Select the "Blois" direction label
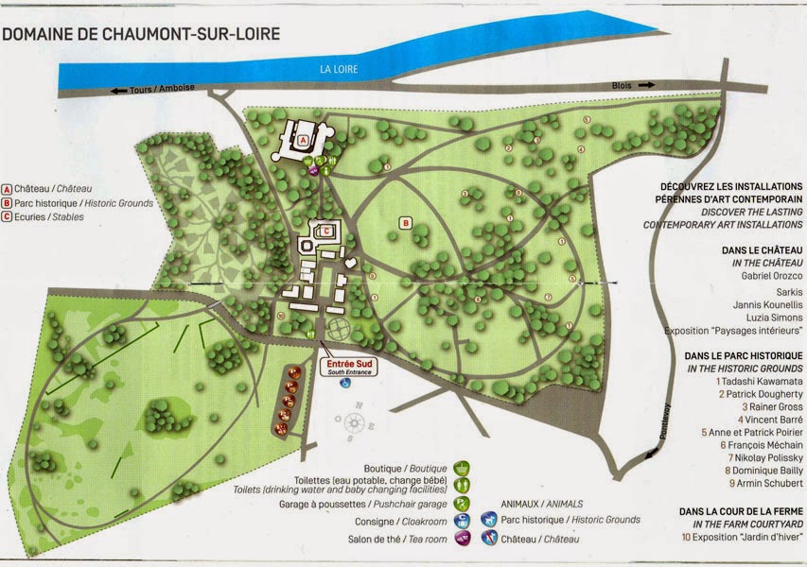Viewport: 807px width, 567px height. point(622,85)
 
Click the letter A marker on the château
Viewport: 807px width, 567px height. point(303,138)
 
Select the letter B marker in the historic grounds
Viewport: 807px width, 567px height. point(405,223)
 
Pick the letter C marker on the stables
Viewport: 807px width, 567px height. point(326,230)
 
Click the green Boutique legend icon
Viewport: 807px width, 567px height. point(462,468)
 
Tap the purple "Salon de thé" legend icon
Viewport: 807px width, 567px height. point(462,539)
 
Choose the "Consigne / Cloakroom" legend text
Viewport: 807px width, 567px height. point(396,521)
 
